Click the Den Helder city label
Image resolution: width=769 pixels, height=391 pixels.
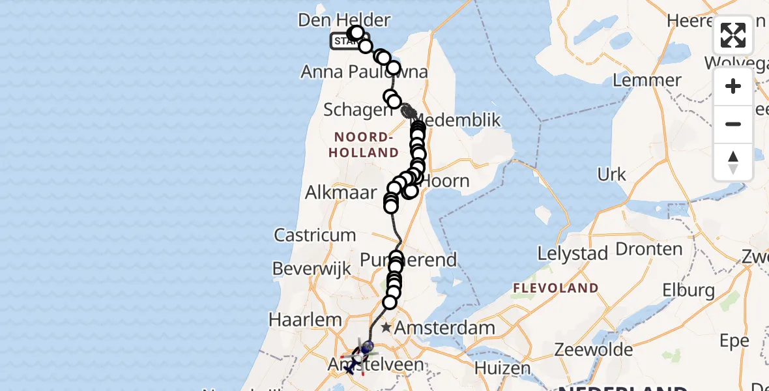[x=343, y=20]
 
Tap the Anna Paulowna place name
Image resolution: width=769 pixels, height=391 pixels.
[x=364, y=72]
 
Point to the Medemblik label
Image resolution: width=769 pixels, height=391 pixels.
[x=462, y=121]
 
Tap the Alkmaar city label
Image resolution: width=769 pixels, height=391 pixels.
[x=341, y=192]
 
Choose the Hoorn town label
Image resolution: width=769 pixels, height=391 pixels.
[x=446, y=181]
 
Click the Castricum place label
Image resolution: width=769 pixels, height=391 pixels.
[x=315, y=235]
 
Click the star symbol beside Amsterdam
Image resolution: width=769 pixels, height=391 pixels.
[x=387, y=327]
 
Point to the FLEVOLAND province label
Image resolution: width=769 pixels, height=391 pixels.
[x=555, y=287]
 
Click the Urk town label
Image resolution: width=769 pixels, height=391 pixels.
[x=611, y=174]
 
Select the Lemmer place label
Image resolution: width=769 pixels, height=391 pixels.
[x=647, y=81]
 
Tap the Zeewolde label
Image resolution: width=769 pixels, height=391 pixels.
[x=593, y=350]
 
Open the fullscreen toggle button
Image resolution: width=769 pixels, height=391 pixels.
[x=733, y=35]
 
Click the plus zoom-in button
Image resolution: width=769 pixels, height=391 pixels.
[x=733, y=86]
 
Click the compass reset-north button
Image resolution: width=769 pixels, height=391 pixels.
[x=733, y=162]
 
